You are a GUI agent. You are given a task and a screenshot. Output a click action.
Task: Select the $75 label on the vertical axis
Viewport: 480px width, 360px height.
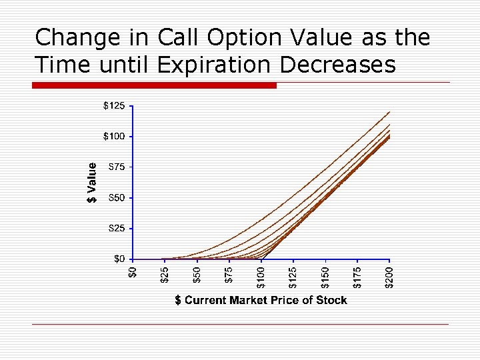click(115, 167)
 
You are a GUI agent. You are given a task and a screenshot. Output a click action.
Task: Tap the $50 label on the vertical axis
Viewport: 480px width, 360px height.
click(115, 198)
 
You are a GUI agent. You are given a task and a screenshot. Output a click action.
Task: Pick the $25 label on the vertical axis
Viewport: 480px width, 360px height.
click(115, 229)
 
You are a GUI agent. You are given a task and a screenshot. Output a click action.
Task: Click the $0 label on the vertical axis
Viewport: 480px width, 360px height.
click(118, 259)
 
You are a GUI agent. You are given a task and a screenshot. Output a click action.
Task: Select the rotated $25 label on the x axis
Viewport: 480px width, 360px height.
click(164, 274)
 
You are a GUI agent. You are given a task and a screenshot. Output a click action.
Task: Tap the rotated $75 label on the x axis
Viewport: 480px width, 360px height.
click(229, 274)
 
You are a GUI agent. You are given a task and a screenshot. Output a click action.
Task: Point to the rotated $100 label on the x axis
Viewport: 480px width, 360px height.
click(261, 277)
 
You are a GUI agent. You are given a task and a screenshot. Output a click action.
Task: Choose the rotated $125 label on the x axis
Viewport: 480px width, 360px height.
click(293, 277)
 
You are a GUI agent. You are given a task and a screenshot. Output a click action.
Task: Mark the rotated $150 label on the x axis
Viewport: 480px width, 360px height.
click(326, 277)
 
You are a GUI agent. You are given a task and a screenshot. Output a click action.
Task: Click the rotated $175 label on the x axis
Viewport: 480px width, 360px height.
click(358, 277)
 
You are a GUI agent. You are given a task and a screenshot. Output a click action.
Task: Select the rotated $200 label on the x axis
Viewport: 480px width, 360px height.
click(391, 277)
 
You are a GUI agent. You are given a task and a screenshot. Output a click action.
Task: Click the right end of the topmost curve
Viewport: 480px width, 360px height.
click(389, 112)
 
